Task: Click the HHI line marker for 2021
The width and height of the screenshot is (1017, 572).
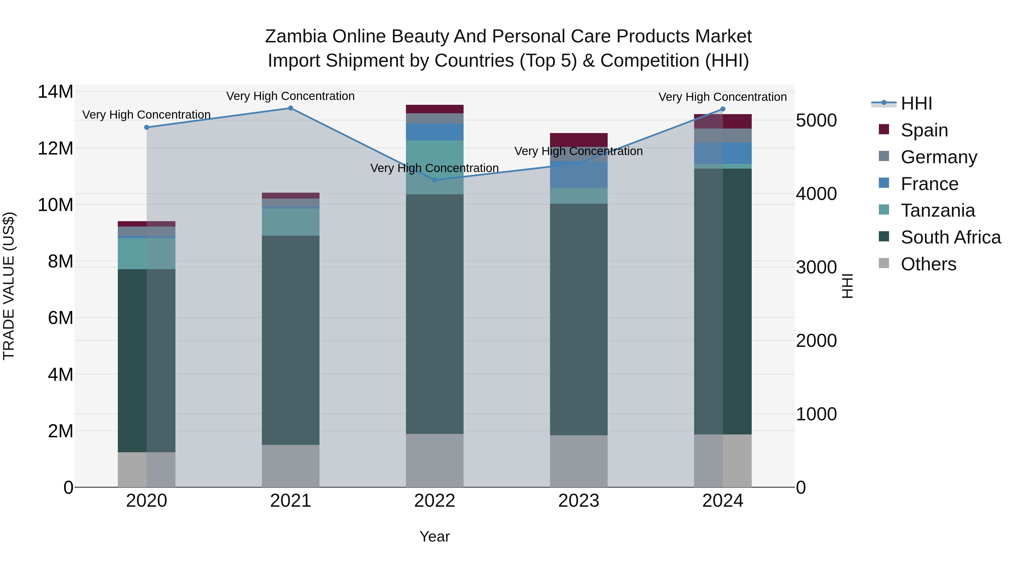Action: (x=291, y=108)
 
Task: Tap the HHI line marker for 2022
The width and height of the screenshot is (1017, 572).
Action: (x=435, y=180)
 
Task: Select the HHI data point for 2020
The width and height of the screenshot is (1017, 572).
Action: (x=146, y=127)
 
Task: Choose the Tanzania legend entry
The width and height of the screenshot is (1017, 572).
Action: (x=938, y=210)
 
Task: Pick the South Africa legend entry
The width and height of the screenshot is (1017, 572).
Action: (x=951, y=237)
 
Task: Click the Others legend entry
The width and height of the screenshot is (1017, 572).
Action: (x=928, y=264)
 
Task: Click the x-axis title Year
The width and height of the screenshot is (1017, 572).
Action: (x=435, y=536)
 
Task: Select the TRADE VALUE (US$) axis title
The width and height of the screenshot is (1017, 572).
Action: (x=9, y=286)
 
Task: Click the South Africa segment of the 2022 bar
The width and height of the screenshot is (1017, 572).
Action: (x=435, y=314)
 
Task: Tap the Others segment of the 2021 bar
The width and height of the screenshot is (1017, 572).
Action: (x=291, y=466)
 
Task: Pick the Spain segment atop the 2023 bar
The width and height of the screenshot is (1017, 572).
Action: (x=579, y=140)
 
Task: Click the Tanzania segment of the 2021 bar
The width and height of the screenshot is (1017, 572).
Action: (x=291, y=222)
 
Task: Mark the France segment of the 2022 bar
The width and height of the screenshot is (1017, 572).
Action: (x=435, y=132)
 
